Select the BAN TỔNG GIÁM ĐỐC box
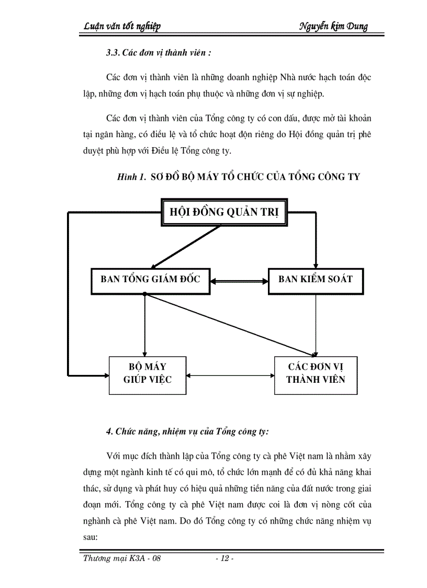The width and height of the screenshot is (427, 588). tap(150, 279)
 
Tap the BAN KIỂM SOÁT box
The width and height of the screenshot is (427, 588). tap(315, 279)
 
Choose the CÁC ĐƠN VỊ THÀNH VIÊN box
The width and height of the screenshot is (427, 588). tap(316, 372)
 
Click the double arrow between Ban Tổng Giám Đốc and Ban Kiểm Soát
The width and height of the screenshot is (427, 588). tap(234, 281)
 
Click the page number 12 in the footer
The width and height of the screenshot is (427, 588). tap(225, 558)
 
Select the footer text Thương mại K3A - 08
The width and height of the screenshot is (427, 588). tap(122, 558)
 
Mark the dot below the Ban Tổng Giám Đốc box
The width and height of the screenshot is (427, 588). tap(144, 294)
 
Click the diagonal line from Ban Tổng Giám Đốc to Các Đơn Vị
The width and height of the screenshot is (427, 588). tap(230, 325)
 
